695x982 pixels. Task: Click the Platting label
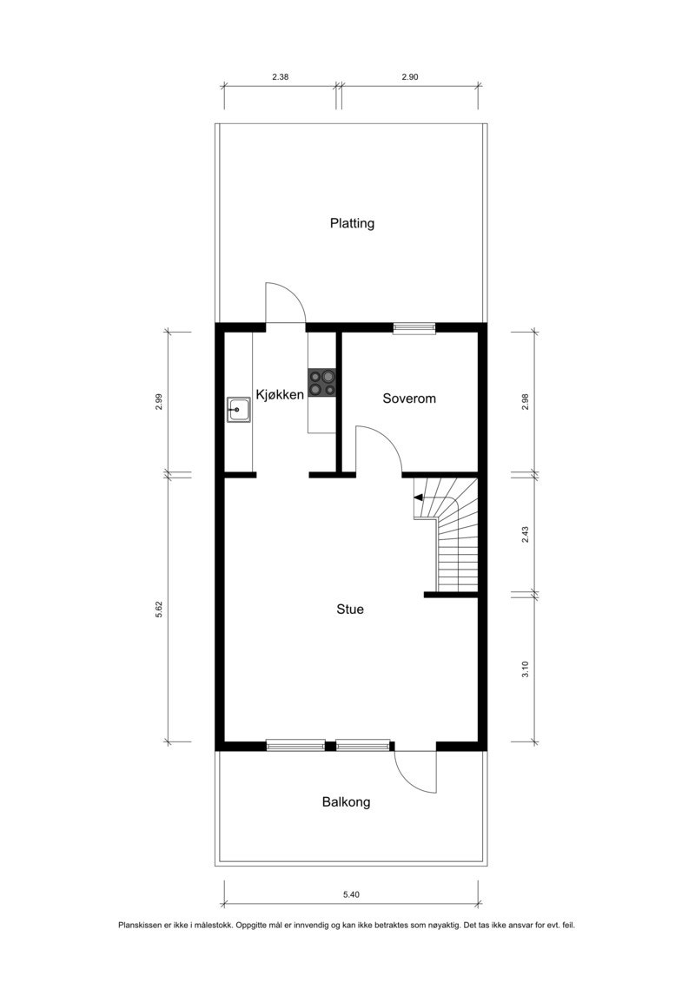pos(352,223)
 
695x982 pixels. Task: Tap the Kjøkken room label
pos(279,395)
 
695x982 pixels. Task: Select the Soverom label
pos(409,399)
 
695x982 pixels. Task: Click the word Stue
pos(350,610)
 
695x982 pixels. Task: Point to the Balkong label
pos(346,802)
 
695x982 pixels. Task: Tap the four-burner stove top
pos(322,383)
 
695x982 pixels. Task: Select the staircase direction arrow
pos(419,498)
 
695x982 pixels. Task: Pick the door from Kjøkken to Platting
pos(284,303)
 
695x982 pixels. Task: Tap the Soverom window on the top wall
pos(414,328)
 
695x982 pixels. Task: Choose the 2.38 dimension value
pos(280,77)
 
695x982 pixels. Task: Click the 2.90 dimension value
pos(410,77)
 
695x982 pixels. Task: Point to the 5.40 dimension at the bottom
pos(351,894)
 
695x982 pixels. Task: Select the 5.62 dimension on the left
pos(159,610)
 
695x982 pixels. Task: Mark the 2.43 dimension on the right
pos(525,535)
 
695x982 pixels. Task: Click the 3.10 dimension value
pos(525,669)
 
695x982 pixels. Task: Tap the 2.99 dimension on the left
pos(159,403)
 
